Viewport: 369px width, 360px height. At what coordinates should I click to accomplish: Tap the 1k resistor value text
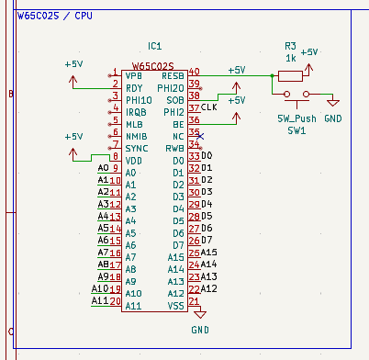pyautogui.click(x=290, y=58)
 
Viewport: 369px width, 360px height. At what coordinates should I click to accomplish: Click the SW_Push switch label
pyautogui.click(x=297, y=119)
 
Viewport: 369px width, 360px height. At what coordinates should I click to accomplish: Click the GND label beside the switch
pyautogui.click(x=333, y=119)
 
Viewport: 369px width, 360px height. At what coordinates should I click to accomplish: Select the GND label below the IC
pyautogui.click(x=200, y=329)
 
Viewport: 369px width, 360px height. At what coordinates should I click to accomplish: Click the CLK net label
pyautogui.click(x=209, y=107)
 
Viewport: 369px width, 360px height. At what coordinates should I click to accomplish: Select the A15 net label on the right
pyautogui.click(x=208, y=252)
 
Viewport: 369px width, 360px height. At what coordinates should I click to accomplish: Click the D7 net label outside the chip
pyautogui.click(x=207, y=240)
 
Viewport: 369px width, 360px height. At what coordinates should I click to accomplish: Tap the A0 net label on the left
pyautogui.click(x=104, y=168)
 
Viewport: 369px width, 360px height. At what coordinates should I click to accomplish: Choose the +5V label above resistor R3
pyautogui.click(x=309, y=52)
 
